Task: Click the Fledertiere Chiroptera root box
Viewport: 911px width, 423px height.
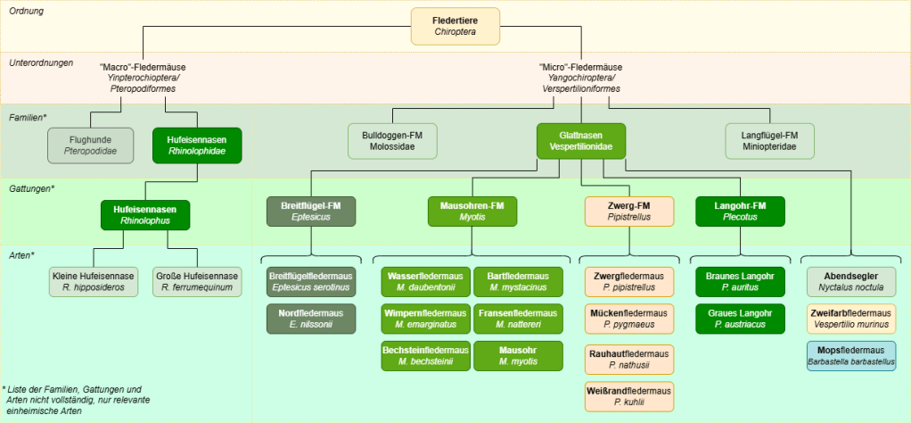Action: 455,26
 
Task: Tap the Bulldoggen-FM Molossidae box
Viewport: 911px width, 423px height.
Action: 392,141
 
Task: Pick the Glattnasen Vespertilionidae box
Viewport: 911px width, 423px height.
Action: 580,141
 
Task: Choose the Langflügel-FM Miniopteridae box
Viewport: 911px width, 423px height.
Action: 769,141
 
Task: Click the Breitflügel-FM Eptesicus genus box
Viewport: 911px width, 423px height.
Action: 311,211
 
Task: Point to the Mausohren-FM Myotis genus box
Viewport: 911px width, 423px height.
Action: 472,211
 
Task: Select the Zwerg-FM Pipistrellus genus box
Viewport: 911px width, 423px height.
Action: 629,211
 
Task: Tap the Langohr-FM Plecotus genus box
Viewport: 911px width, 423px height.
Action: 740,211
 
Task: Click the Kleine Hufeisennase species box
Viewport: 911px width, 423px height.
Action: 94,282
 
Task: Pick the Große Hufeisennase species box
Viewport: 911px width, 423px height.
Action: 197,282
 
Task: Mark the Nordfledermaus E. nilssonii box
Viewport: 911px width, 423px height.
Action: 311,319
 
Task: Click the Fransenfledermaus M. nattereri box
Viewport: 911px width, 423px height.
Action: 519,319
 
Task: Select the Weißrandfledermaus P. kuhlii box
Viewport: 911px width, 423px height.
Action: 629,395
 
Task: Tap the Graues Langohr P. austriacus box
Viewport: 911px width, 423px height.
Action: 740,319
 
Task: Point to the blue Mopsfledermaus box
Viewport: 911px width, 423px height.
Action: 851,355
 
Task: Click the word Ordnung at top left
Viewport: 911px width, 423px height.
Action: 27,11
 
